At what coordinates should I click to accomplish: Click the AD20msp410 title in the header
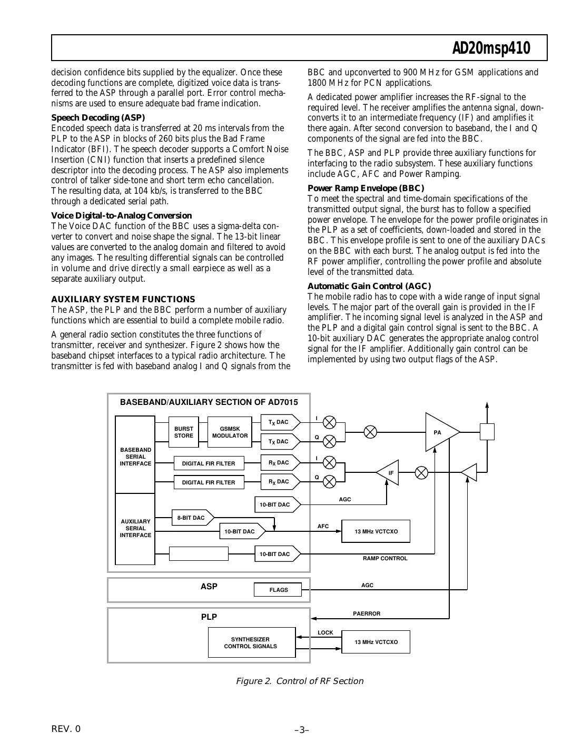(491, 49)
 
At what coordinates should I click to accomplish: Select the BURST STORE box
(183, 432)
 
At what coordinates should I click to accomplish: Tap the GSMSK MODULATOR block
(230, 432)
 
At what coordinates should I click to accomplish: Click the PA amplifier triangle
(439, 432)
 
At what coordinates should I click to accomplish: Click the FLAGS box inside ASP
(278, 590)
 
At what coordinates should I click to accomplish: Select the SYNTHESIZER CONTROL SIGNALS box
(251, 642)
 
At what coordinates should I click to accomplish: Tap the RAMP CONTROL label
(385, 558)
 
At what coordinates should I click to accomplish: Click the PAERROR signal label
(367, 613)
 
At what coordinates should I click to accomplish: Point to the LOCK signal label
(325, 632)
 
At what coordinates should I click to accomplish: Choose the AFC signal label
(323, 526)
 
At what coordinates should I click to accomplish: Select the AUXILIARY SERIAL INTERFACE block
(135, 528)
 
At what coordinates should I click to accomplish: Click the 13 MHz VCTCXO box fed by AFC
(376, 531)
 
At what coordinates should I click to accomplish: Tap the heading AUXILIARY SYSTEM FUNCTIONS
(123, 299)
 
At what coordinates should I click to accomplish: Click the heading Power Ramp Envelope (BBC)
(366, 188)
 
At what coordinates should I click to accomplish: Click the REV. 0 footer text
(66, 729)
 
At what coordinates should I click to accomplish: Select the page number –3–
(301, 730)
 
